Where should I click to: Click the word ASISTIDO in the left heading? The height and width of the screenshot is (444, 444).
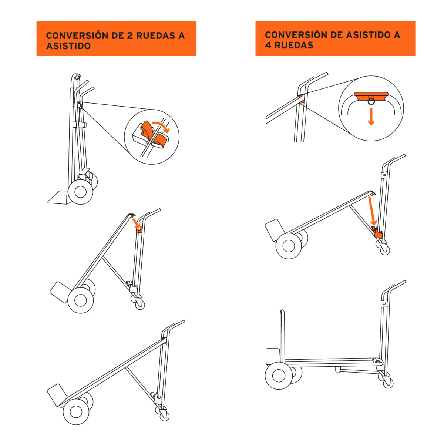(68, 46)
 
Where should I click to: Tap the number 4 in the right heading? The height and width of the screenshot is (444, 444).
(268, 46)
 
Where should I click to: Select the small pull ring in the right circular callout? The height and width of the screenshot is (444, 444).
(371, 99)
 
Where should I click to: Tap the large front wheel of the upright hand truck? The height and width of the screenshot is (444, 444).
(80, 192)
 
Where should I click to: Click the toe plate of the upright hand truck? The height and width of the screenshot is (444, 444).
(58, 198)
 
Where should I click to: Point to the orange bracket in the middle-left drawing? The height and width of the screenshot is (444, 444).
(139, 229)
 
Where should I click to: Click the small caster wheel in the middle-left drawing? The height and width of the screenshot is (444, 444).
(140, 305)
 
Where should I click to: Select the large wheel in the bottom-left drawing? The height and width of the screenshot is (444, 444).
(76, 411)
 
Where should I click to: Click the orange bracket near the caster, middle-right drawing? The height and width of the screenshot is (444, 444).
(377, 234)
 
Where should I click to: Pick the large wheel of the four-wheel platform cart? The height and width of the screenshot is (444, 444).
(279, 376)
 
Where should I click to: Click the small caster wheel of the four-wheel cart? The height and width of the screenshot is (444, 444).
(388, 383)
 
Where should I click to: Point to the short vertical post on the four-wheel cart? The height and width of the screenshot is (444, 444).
(283, 335)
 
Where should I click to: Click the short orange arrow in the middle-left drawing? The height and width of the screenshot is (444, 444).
(136, 223)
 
